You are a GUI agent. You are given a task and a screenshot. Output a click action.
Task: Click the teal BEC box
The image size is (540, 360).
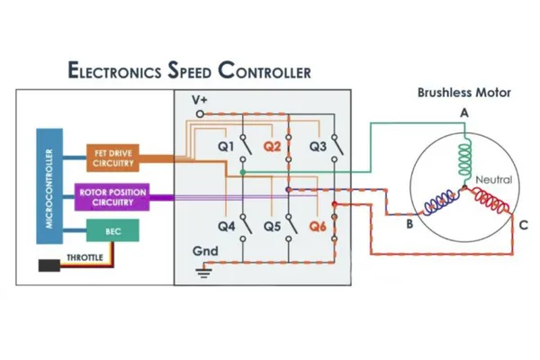113,232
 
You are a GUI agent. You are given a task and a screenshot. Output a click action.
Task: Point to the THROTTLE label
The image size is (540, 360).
85,258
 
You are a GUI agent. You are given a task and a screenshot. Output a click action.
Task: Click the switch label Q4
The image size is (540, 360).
227,227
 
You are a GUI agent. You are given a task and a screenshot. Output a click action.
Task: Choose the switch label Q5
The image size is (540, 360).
272,227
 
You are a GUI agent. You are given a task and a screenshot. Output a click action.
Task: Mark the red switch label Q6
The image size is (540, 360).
318,227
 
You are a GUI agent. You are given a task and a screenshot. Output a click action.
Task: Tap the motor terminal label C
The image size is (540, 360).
523,225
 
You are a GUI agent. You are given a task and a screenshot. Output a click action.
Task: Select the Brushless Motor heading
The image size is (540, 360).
463,93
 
